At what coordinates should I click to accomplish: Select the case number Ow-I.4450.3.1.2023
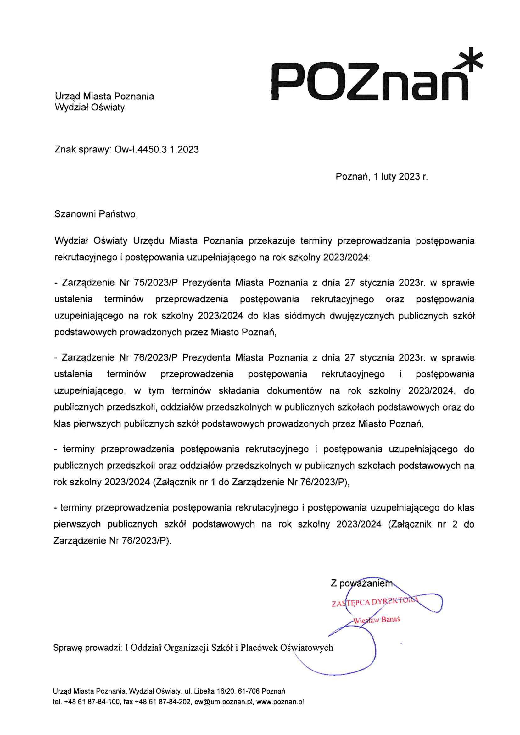(x=156, y=150)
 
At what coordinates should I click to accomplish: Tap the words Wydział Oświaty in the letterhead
(x=90, y=107)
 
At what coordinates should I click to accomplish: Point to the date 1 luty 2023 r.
(x=400, y=176)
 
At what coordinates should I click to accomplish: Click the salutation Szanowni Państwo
(x=96, y=214)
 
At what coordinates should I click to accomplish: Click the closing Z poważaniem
(x=361, y=583)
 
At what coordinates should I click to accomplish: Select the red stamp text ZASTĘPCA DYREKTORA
(x=375, y=602)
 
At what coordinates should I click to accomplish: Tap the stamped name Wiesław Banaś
(x=377, y=619)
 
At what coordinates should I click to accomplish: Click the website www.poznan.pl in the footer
(x=280, y=702)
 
